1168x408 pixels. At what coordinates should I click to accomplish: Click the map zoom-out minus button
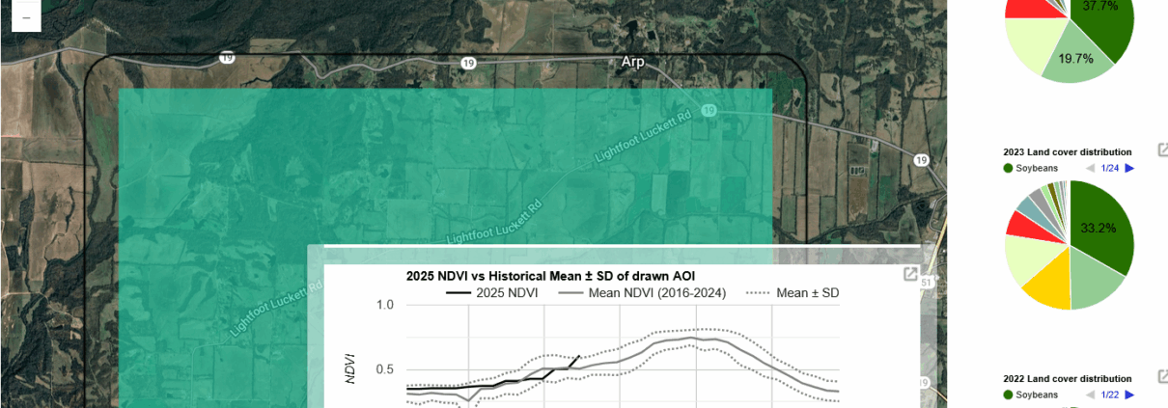pos(25,17)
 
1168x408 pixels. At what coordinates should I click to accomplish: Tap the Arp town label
pos(632,62)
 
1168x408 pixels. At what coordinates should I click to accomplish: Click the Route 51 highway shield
pos(926,283)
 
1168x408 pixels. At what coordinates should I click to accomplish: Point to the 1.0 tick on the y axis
pos(385,306)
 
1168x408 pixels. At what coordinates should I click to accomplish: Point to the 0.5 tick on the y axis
pos(385,368)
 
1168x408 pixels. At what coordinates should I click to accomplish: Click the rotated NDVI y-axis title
pos(350,367)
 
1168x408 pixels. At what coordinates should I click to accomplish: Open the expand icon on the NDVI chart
pos(909,275)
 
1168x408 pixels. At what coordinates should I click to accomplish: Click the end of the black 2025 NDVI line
pos(579,357)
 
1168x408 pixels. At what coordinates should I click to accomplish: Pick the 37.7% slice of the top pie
pos(1100,19)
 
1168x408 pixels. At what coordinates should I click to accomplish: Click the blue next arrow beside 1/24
pos(1129,169)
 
